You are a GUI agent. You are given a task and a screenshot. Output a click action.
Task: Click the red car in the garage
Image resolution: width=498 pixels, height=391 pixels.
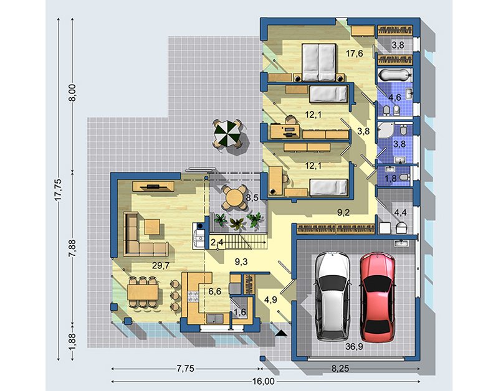378,297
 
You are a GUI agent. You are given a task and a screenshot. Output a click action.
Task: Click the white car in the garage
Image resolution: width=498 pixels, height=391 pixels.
333,296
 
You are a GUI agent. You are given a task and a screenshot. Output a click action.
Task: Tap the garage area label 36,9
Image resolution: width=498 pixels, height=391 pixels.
355,347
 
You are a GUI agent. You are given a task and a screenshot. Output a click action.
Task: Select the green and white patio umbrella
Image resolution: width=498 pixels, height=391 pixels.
226,133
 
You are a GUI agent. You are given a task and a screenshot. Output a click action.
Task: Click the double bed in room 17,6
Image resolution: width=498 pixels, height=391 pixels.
318,62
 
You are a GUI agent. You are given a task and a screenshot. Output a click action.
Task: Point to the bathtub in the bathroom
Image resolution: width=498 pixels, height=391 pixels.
395,75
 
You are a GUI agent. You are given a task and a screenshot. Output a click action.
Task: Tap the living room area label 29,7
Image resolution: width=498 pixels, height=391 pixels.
160,265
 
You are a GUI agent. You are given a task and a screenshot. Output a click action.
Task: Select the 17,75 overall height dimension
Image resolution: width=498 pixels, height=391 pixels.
59,190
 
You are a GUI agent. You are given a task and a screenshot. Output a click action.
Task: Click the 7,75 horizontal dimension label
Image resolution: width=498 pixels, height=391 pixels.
185,369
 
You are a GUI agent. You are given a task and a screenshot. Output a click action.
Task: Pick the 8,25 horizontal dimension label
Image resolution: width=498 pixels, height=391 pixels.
340,369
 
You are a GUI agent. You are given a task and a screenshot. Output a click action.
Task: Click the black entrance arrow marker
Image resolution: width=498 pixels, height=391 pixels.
280,332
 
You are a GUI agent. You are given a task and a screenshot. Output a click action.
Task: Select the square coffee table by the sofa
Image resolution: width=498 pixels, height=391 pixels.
152,227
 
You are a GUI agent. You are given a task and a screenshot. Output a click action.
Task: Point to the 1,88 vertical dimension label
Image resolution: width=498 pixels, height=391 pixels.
73,342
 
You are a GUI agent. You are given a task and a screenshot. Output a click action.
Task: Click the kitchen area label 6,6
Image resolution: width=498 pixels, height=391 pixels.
214,291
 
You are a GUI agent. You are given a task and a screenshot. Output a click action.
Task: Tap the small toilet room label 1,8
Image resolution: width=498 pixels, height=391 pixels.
391,179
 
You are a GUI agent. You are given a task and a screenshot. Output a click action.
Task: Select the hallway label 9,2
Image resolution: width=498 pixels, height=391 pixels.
343,212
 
